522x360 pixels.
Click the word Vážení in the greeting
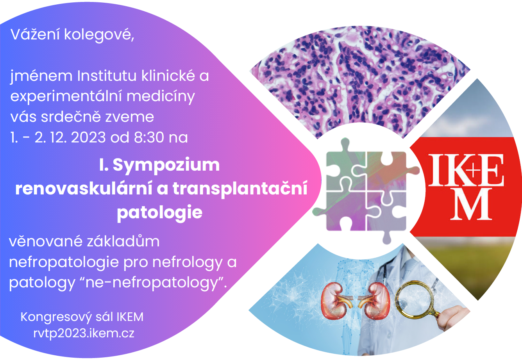[35, 34]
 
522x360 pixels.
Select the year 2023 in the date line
[88, 137]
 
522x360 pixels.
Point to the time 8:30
[149, 137]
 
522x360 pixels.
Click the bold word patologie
[160, 213]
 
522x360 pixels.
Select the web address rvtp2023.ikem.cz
[84, 333]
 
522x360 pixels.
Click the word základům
[123, 241]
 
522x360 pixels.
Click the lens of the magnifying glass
[415, 299]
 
